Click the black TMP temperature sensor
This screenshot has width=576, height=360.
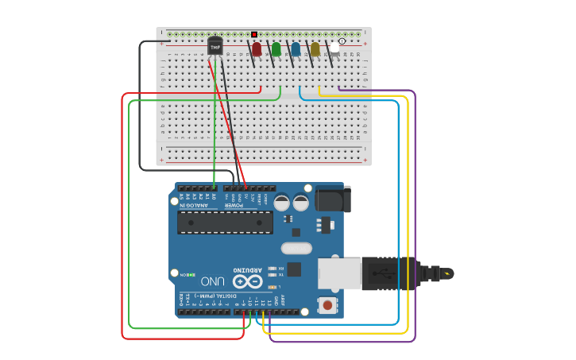tap(215, 47)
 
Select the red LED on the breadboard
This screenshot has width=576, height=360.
tap(257, 50)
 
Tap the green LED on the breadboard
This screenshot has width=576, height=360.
tap(276, 50)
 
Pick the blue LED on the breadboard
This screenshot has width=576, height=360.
tap(296, 50)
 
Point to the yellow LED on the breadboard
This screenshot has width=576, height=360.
tap(315, 50)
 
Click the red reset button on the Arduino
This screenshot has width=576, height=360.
tap(327, 304)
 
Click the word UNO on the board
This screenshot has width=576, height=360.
tap(212, 281)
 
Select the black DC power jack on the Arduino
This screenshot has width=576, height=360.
tap(332, 199)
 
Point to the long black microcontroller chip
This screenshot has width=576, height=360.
tap(225, 223)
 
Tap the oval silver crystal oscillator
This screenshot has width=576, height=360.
tap(296, 248)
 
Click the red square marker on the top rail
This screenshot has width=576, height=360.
tap(254, 34)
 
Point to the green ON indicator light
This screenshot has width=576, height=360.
tap(191, 274)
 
